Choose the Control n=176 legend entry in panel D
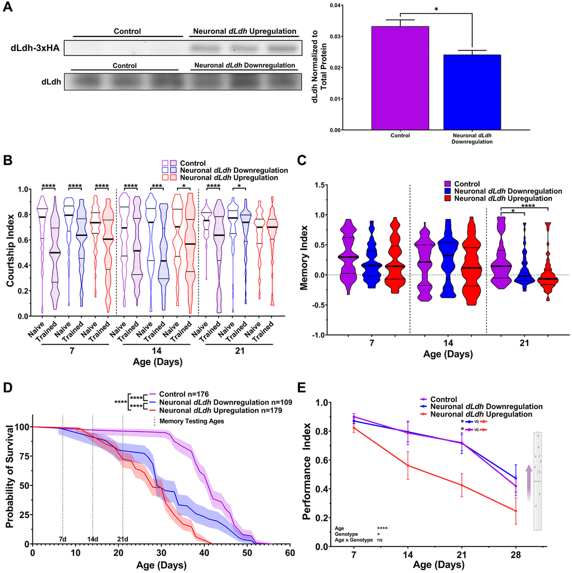pyautogui.click(x=183, y=394)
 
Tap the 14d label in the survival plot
pyautogui.click(x=93, y=539)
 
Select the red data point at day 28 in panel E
pyautogui.click(x=515, y=511)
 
